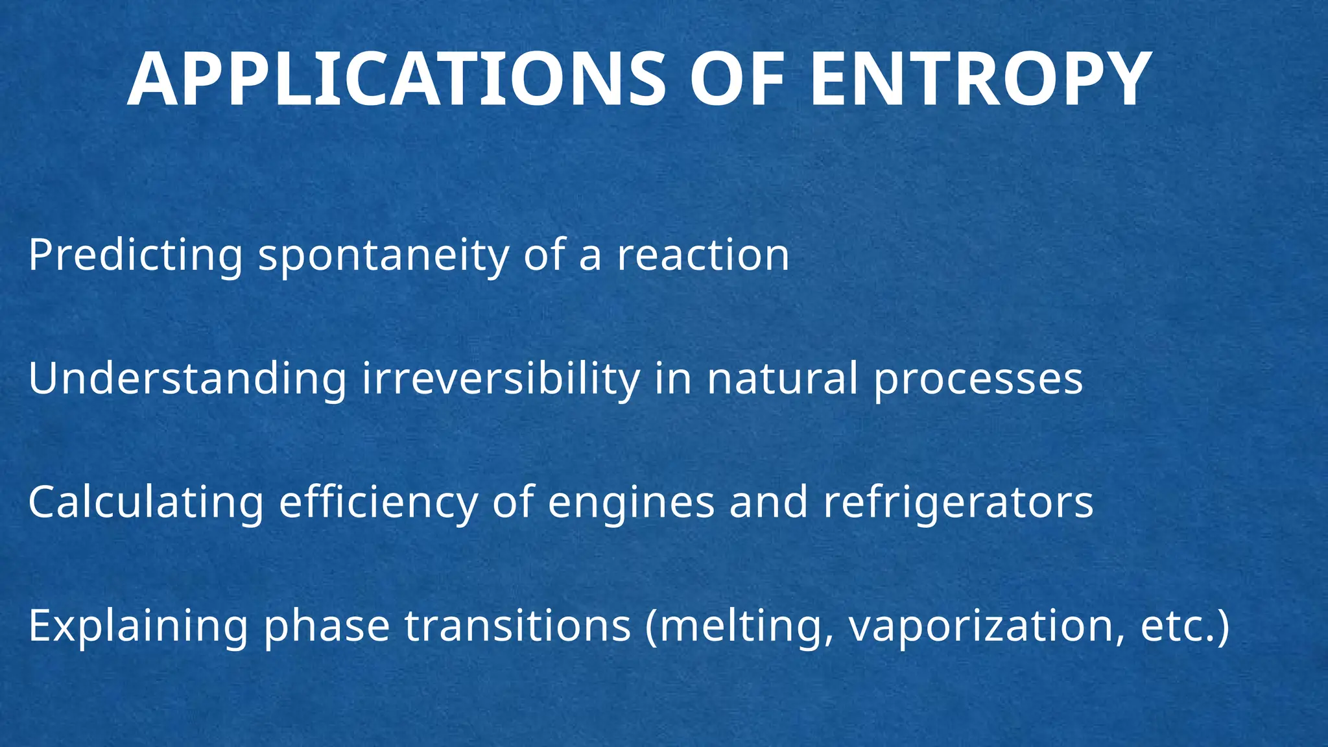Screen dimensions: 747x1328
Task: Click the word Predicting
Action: click(x=136, y=255)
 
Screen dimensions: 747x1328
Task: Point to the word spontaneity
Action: click(x=384, y=255)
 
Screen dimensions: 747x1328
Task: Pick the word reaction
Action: click(x=703, y=255)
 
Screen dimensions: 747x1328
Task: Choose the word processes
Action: click(x=978, y=380)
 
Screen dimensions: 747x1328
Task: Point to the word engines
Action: click(x=631, y=503)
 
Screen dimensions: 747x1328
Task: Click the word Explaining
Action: click(x=138, y=626)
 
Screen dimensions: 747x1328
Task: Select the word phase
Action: click(x=327, y=626)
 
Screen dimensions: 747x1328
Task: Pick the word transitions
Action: click(x=517, y=626)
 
